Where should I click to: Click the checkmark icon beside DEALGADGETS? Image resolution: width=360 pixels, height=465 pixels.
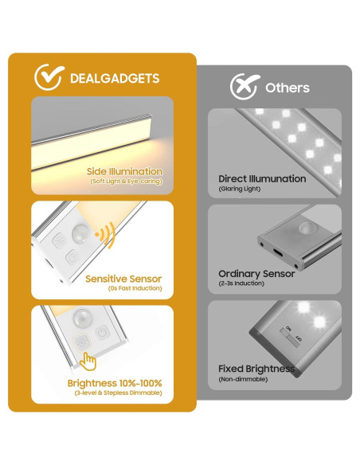[x=49, y=77]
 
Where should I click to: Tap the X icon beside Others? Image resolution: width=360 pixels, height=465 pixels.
[x=244, y=86]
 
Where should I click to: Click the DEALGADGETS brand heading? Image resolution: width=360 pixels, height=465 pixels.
[x=115, y=78]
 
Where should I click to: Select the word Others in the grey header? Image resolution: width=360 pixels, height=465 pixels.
[x=288, y=88]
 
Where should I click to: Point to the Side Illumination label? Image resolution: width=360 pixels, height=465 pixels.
[x=125, y=171]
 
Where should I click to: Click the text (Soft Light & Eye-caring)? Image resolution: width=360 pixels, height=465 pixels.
[x=126, y=182]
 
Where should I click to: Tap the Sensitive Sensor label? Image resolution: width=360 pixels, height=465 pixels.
[x=123, y=279]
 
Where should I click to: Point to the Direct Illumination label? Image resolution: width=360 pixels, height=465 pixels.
[x=262, y=179]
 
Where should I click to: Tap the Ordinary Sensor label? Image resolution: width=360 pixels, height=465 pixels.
[x=256, y=273]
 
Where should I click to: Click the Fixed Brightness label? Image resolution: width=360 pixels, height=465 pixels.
[x=256, y=369]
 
